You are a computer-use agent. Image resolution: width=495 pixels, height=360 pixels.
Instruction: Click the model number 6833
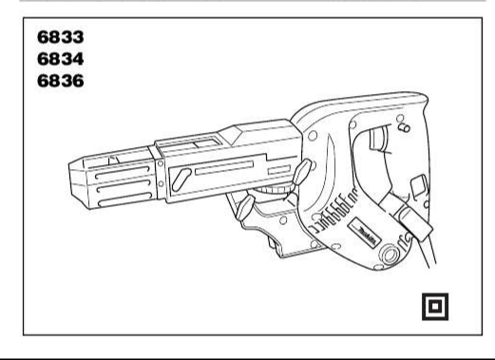click(61, 37)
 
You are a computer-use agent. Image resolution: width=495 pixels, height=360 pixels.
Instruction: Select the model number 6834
click(61, 59)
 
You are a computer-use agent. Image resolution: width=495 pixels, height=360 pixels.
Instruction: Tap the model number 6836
click(61, 81)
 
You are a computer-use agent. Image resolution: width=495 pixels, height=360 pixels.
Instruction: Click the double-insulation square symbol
click(435, 307)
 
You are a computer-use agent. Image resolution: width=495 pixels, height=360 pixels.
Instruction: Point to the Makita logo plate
click(364, 233)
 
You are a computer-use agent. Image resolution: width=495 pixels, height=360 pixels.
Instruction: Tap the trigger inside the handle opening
click(378, 139)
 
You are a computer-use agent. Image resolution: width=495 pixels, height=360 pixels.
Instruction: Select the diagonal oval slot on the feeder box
click(181, 180)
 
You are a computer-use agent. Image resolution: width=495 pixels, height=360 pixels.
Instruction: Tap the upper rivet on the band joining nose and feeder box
click(161, 163)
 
